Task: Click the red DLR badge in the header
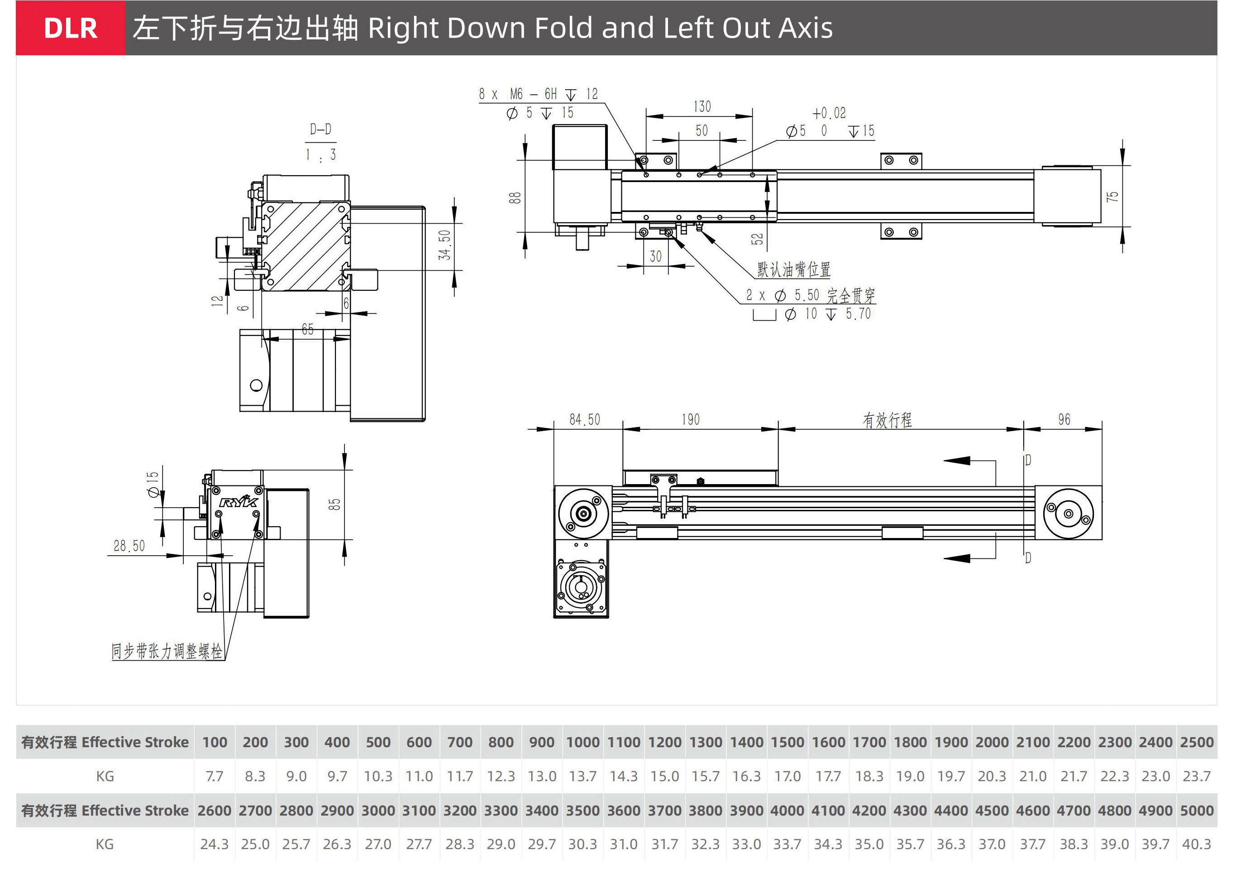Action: [x=71, y=28]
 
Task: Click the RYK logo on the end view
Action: [x=239, y=502]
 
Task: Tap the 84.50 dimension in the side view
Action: [x=585, y=419]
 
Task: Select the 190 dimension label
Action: [x=691, y=419]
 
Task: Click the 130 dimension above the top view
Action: [x=702, y=106]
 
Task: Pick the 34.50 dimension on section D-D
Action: [x=444, y=245]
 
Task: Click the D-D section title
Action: [x=320, y=129]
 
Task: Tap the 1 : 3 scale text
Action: [x=320, y=155]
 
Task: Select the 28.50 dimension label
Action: [x=129, y=546]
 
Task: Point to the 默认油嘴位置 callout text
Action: [x=793, y=269]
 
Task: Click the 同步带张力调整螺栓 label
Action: [x=167, y=651]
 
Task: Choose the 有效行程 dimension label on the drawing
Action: [x=887, y=420]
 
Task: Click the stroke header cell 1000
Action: [x=582, y=742]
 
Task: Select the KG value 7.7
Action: [x=214, y=776]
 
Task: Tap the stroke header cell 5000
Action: [x=1196, y=811]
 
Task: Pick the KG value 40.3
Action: [x=1196, y=844]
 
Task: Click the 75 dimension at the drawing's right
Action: [x=1112, y=197]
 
